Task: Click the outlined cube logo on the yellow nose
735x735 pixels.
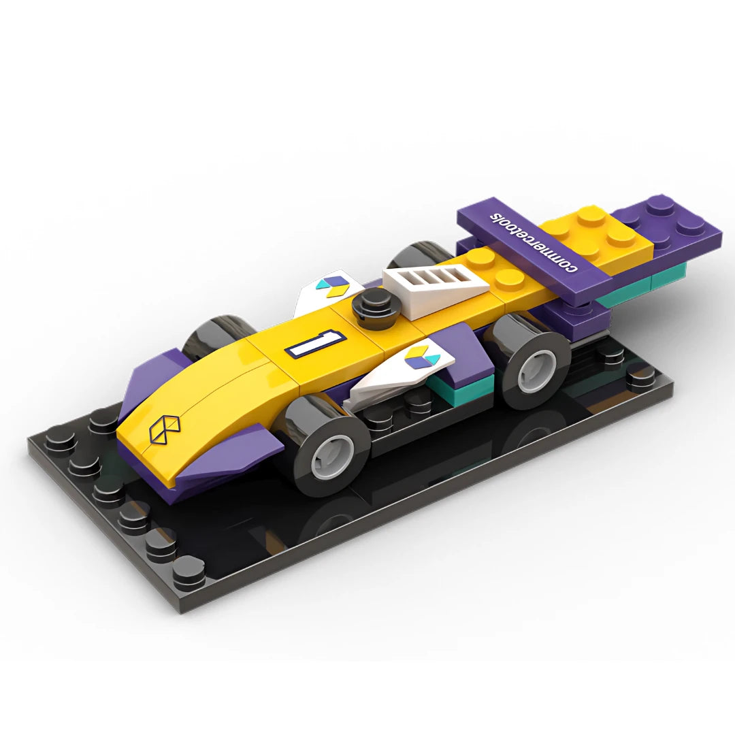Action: [165, 427]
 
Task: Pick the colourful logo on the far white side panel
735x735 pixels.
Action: [332, 285]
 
